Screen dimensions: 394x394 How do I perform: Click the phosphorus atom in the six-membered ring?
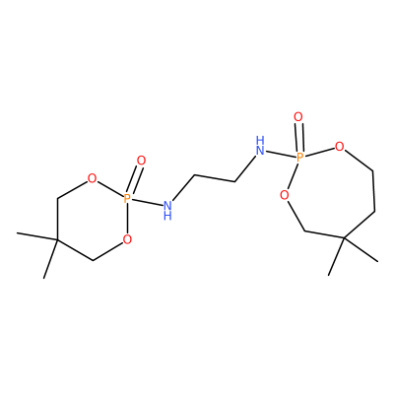pos(127,198)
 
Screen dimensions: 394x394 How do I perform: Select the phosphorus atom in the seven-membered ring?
pos(299,157)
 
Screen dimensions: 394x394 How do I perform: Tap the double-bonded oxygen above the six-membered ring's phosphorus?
pos(141,161)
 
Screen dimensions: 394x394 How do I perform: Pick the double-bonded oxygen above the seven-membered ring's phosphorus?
pos(298,116)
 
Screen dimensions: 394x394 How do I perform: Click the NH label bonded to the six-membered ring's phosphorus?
pos(167,210)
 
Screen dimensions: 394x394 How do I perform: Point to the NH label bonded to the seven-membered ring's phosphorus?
pos(260,146)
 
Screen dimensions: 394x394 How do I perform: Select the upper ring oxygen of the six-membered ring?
pos(93,178)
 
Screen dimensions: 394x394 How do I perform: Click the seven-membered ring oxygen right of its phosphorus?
pos(340,146)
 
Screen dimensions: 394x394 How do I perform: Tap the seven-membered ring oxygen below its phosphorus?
pos(285,196)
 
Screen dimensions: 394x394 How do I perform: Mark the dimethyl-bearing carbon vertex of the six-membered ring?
pos(57,240)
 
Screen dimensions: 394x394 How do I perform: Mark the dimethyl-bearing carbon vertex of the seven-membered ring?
pos(344,237)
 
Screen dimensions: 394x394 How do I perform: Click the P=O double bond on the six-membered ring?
pos(134,180)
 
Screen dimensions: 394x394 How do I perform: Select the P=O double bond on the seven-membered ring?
pos(298,137)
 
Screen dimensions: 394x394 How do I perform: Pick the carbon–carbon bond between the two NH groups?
pos(215,178)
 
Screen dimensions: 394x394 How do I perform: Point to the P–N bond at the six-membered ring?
pos(147,202)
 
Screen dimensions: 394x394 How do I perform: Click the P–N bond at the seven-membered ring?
pos(281,154)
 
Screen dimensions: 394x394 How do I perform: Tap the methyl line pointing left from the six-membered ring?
pos(37,237)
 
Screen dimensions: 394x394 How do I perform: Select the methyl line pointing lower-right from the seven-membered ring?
pos(361,249)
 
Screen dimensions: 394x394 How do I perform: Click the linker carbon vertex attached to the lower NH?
pos(194,175)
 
